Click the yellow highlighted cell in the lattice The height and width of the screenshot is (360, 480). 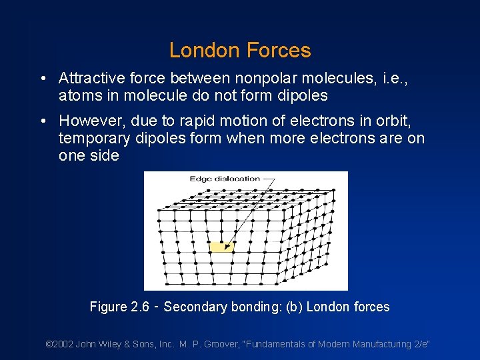coord(221,247)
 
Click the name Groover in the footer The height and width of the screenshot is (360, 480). coord(219,345)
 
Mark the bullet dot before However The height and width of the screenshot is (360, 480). coord(43,122)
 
